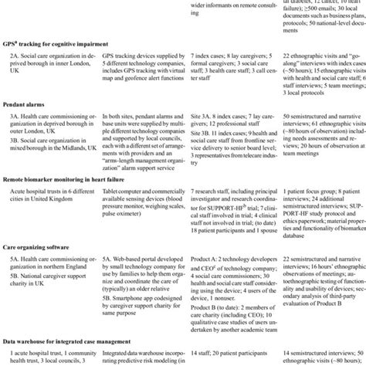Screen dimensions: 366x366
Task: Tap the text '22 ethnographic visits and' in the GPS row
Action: click(315, 59)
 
